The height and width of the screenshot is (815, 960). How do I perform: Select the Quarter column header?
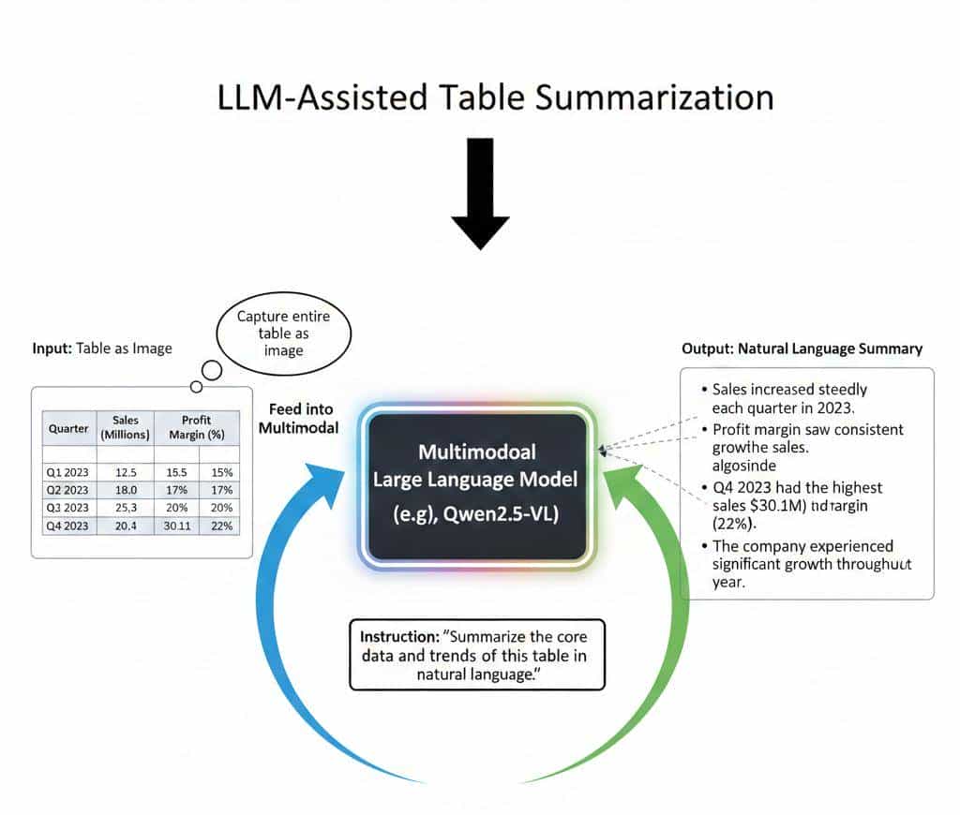68,428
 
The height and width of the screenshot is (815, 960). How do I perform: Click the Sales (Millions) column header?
125,427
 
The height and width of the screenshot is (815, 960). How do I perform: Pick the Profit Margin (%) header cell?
197,427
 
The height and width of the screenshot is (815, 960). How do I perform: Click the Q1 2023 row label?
67,472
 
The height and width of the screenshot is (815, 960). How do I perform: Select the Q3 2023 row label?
67,508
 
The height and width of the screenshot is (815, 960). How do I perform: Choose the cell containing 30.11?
177,526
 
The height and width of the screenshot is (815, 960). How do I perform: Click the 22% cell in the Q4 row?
222,526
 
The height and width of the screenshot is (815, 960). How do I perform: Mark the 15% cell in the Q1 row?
222,472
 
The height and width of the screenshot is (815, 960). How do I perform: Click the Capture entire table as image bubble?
283,333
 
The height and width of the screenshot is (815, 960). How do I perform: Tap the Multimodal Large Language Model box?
477,482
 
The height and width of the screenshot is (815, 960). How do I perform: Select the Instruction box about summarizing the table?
476,654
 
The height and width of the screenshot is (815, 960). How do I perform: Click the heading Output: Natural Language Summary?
802,348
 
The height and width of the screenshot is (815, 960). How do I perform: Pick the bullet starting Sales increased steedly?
789,397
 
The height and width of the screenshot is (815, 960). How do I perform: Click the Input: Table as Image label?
102,348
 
